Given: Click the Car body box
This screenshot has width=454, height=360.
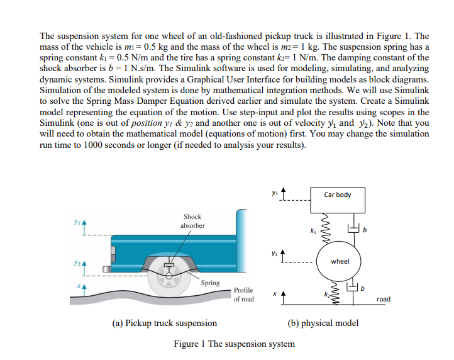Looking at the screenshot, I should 338,194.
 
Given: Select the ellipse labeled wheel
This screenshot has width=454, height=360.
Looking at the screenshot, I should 340,261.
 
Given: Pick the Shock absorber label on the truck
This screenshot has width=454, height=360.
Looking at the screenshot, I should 192,221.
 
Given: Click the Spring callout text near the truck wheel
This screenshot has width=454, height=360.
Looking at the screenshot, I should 210,283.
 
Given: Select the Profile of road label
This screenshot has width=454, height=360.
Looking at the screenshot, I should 243,295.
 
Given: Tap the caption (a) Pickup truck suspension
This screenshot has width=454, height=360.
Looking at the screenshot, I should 164,323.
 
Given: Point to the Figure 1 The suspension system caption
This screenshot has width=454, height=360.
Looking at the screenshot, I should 234,344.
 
